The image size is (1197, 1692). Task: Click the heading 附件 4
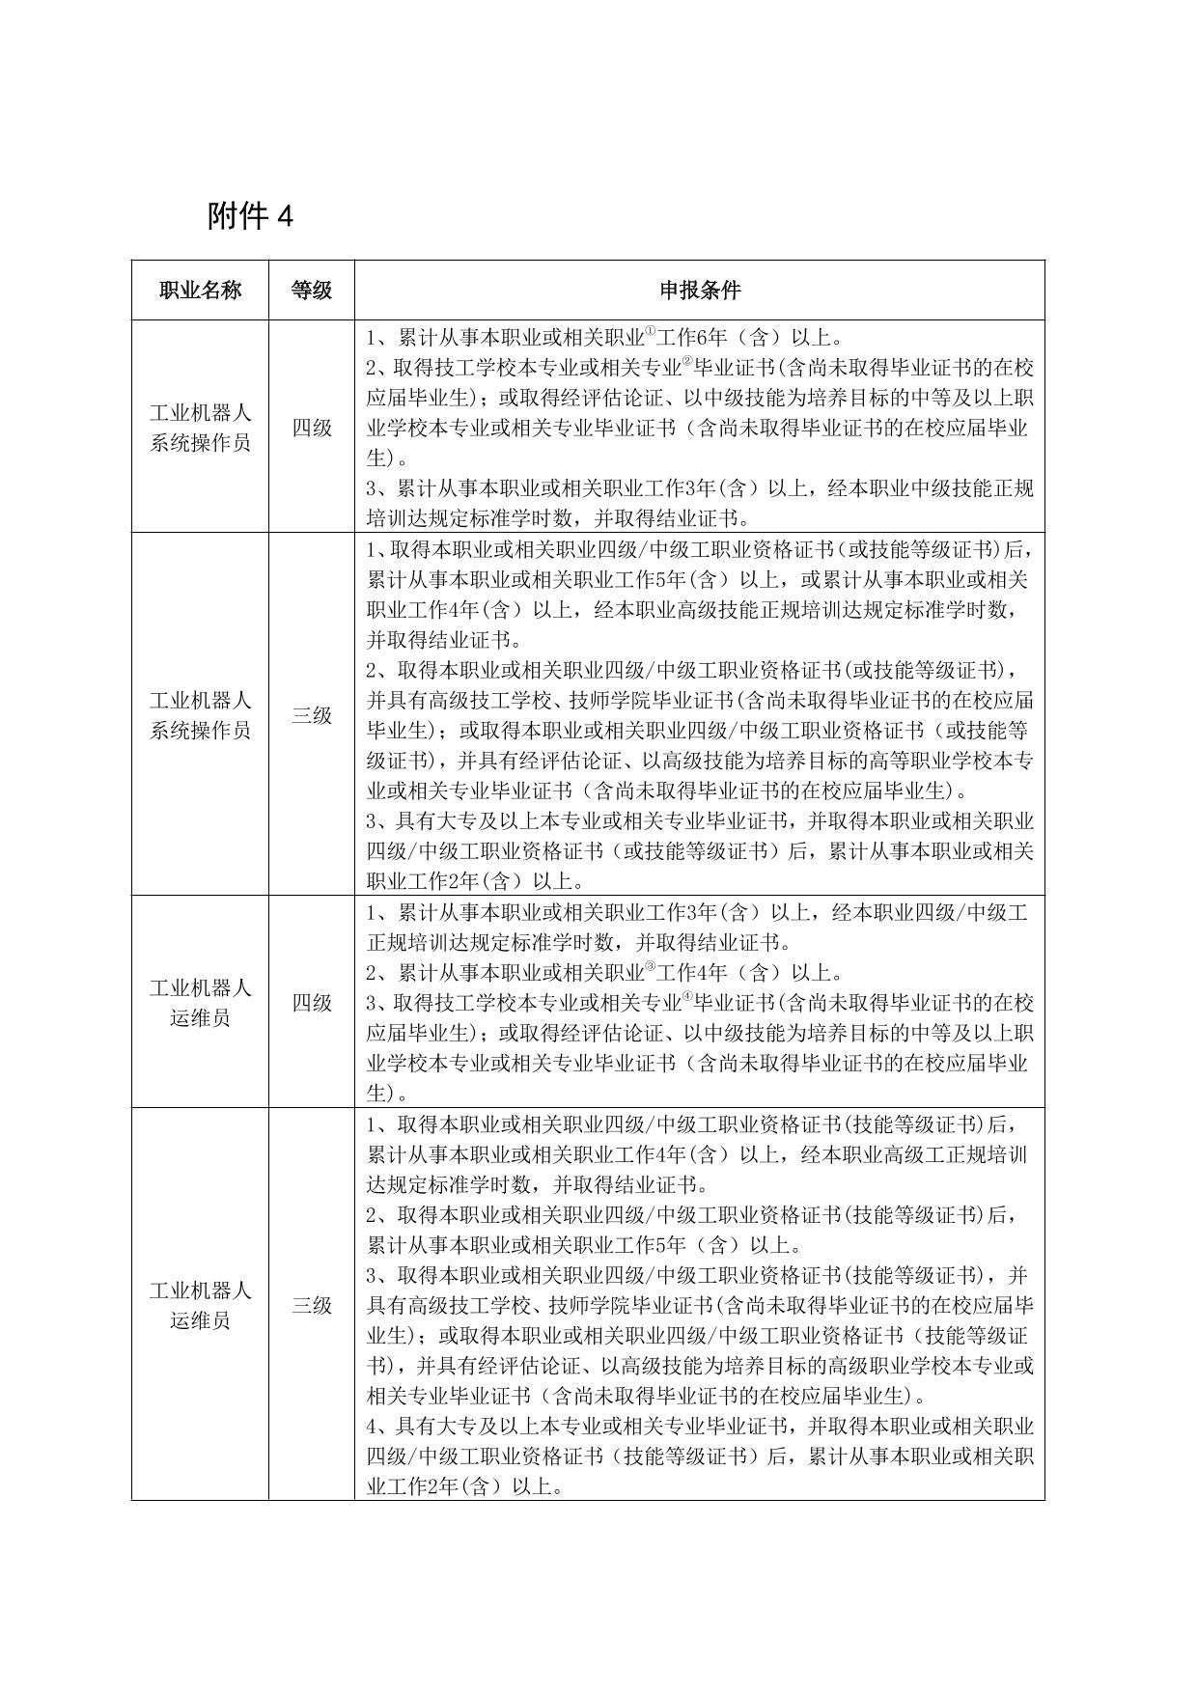pos(249,217)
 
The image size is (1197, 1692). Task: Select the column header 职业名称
pos(200,291)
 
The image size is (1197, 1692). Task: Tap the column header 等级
pos(311,291)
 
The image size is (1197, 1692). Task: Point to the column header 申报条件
pos(700,291)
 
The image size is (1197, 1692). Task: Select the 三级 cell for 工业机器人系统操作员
pos(311,715)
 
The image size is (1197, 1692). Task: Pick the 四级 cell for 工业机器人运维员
pos(311,1003)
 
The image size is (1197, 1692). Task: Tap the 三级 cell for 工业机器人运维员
pos(311,1306)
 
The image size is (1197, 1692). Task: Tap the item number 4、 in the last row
pos(377,1427)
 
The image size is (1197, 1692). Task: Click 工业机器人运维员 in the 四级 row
pos(200,1003)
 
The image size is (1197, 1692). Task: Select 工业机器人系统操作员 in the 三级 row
pos(200,715)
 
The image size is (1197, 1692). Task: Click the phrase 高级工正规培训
pos(952,1154)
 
